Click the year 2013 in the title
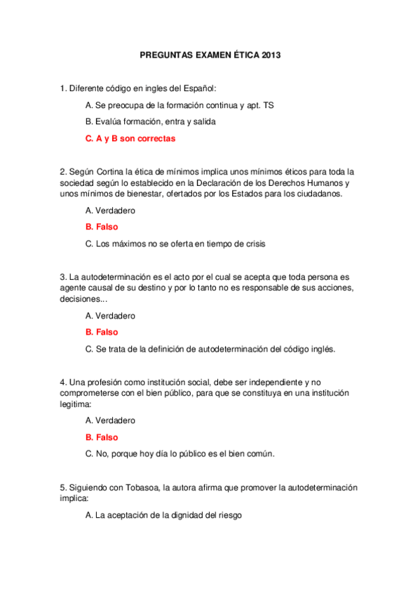click(x=270, y=54)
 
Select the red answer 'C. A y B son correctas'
click(x=130, y=139)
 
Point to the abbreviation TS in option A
click(x=269, y=105)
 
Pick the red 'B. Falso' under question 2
click(x=102, y=227)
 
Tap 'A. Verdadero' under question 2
click(x=110, y=210)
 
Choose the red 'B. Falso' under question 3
click(x=102, y=333)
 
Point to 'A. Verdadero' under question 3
click(x=110, y=316)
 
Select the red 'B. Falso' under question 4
click(x=102, y=438)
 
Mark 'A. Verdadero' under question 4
click(x=110, y=421)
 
